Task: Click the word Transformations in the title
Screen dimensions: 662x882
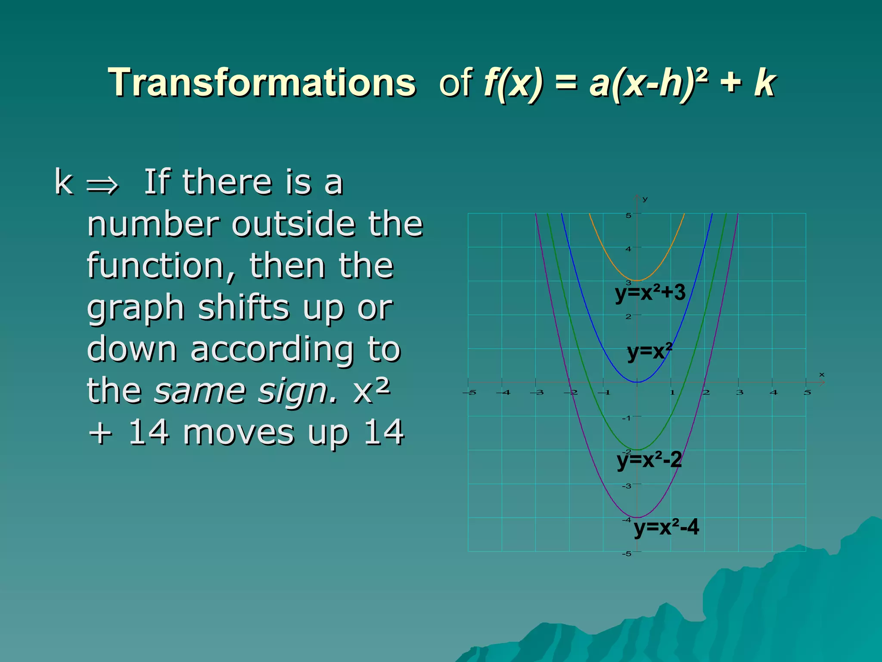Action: coord(262,83)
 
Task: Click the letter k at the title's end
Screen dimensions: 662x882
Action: coord(764,83)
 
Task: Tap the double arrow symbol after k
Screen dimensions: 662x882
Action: coord(102,185)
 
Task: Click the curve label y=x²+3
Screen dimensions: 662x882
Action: coord(650,293)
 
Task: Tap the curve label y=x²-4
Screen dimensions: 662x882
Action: coord(666,527)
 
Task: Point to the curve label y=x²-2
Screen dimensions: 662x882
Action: coord(649,460)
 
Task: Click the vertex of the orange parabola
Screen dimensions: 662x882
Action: coord(637,281)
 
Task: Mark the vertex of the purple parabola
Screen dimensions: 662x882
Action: coord(637,517)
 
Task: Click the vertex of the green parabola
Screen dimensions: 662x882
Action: coord(637,450)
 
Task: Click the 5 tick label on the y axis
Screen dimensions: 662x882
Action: coord(628,215)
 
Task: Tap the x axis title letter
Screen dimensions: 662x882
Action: coord(822,375)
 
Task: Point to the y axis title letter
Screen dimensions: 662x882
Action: coord(645,199)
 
